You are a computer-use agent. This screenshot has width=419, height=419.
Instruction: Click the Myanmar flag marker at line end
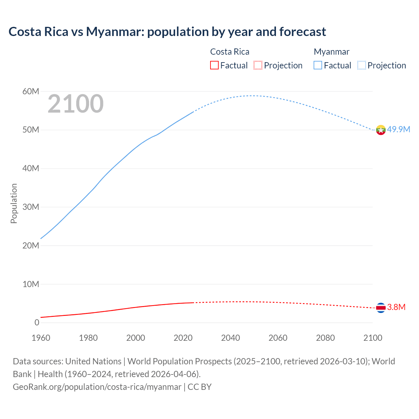coord(381,130)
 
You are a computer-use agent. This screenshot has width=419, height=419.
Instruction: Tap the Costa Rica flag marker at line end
coord(381,308)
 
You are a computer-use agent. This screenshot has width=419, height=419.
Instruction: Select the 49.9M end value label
coord(398,129)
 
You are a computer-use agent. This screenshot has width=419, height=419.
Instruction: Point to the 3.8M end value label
coord(396,307)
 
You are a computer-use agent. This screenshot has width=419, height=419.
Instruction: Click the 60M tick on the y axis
coord(31,91)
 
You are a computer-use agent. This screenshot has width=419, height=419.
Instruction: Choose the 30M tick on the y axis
coord(31,207)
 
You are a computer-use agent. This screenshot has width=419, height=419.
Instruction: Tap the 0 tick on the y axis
coord(37,322)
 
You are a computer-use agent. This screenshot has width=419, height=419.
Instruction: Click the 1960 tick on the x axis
coord(41,338)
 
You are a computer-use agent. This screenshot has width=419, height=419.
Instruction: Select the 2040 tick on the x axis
coord(230,338)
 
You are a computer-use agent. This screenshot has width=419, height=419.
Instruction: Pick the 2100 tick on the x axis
coord(373,338)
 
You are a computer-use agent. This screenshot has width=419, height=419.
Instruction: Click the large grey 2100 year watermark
coord(76,104)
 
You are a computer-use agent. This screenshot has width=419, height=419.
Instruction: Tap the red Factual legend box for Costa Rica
coord(214,65)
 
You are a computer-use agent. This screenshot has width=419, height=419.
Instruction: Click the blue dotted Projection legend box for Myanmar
coord(362,65)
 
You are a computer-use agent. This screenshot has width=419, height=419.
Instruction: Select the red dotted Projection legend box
coord(258,65)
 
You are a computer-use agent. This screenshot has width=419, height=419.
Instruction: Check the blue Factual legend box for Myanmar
coord(318,65)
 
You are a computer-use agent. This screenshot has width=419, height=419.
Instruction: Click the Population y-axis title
coord(14,203)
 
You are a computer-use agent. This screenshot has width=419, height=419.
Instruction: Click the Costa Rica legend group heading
coord(229,52)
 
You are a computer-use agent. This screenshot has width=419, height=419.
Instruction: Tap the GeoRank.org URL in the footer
coord(97,387)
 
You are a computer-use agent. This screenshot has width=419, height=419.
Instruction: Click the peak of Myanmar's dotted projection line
coord(251,96)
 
